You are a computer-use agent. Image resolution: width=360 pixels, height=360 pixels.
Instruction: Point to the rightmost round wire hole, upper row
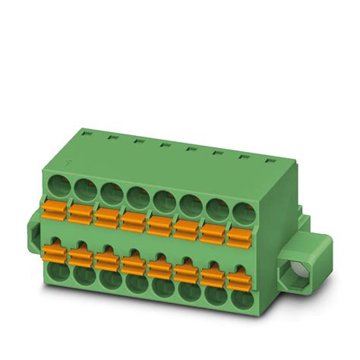pyautogui.click(x=242, y=210)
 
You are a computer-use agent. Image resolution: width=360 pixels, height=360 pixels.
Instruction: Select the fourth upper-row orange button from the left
pyautogui.click(x=133, y=220)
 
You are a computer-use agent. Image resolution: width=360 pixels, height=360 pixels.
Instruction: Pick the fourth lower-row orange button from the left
pyautogui.click(x=134, y=261)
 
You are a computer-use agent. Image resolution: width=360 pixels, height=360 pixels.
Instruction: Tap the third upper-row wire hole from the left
pyautogui.click(x=109, y=191)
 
